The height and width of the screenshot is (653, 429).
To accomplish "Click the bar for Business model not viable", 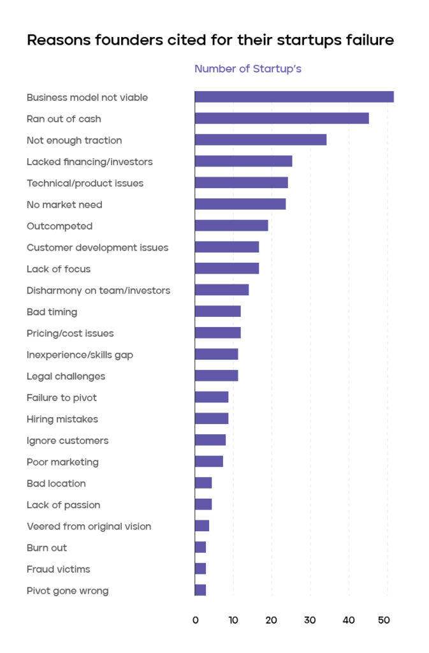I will (x=294, y=97).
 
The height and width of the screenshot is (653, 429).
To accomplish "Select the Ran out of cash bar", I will (x=282, y=119).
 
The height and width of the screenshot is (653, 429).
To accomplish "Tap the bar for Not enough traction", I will (x=261, y=140).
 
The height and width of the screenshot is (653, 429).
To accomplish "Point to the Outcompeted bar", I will (x=231, y=226).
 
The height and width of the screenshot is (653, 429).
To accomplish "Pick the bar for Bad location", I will (x=203, y=483).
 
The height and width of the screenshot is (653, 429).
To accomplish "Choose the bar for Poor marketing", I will (x=209, y=462).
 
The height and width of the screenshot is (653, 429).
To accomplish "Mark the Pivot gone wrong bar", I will (x=200, y=590).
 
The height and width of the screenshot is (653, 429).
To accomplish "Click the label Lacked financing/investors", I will (x=89, y=162).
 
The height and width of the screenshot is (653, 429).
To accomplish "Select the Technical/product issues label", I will (x=85, y=183).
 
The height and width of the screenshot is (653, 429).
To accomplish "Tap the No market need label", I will (x=64, y=205).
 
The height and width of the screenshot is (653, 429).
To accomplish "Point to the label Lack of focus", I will (x=59, y=269).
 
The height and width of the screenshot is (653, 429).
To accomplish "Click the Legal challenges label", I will (x=66, y=376).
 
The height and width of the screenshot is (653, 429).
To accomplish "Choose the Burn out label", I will (x=47, y=548).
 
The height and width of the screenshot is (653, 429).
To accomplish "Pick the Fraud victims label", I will (x=58, y=569).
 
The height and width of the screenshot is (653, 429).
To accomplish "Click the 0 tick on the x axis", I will (x=196, y=620).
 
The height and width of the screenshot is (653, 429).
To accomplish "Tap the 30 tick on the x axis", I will (x=310, y=620).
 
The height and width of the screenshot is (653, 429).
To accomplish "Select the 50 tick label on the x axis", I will (x=384, y=620).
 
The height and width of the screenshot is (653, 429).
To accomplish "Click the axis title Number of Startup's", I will (x=247, y=69).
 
